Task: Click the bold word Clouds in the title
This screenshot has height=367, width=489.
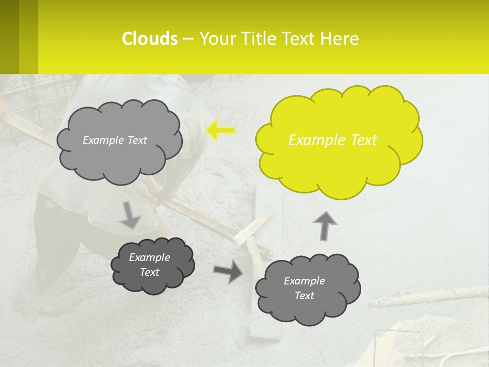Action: pos(149,39)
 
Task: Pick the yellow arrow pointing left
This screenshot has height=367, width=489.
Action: pos(220,130)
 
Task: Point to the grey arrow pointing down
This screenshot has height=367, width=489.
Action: pos(130,215)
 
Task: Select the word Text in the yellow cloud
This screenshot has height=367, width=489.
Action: pos(364,140)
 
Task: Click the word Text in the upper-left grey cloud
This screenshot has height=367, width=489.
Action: pos(137,140)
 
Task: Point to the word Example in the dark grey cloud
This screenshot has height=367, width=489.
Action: pos(150,257)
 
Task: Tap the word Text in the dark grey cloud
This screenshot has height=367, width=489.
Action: pos(150,272)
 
